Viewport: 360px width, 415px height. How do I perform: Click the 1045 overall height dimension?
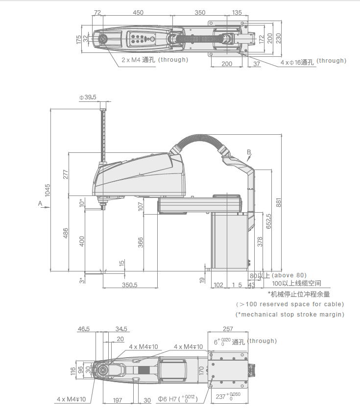(47, 190)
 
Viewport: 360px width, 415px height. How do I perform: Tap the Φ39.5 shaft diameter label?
(88, 98)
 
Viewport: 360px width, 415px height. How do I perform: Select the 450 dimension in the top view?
(138, 12)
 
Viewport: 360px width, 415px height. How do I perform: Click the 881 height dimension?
(279, 202)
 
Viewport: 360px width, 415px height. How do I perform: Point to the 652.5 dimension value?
(268, 221)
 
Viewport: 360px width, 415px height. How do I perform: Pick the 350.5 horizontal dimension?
(130, 285)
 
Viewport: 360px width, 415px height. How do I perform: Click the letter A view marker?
(40, 203)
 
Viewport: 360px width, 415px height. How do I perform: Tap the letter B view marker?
(249, 152)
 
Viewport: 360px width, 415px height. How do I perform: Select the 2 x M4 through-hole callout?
(155, 60)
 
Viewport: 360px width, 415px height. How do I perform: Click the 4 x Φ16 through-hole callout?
(313, 61)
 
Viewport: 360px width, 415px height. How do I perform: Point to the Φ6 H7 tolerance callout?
(178, 399)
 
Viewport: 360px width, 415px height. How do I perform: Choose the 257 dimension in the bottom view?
(228, 329)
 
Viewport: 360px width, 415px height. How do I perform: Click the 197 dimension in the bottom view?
(118, 400)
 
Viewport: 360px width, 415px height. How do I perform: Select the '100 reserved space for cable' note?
(290, 304)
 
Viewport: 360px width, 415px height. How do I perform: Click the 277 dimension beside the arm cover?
(66, 174)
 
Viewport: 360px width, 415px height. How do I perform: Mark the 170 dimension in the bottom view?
(201, 370)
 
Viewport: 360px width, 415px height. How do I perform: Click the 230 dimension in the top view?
(279, 38)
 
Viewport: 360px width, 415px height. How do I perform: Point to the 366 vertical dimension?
(141, 243)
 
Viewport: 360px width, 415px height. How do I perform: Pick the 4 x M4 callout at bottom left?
(72, 399)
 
